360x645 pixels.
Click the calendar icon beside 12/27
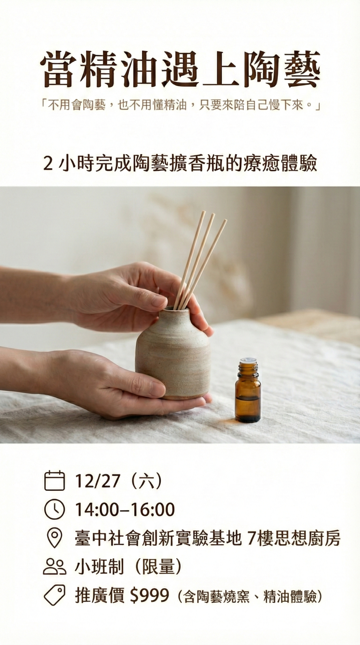tap(54, 481)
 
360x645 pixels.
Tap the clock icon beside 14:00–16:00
tap(54, 509)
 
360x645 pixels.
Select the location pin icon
tap(54, 538)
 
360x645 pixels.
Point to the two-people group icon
tap(54, 567)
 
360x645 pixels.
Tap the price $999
tap(149, 596)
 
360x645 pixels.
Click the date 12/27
tap(98, 481)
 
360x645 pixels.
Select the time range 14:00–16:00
tap(125, 509)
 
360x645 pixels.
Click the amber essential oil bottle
tap(248, 390)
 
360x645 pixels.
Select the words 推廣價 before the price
tap(100, 596)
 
